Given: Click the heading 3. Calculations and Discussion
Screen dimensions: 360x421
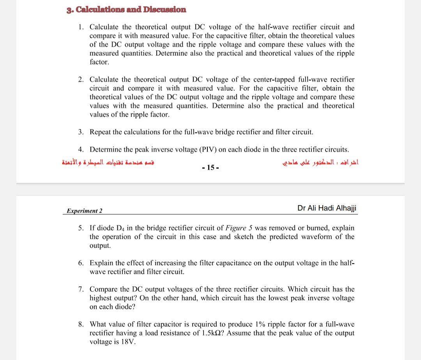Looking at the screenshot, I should (126, 10).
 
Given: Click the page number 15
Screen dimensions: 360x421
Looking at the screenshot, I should (210, 168).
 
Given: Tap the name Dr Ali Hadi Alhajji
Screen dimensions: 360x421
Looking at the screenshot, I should (327, 208).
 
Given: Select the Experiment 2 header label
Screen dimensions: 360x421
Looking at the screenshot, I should (85, 211).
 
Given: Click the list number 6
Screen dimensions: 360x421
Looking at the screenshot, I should (80, 263).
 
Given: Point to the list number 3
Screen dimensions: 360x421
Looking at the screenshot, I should (80, 132).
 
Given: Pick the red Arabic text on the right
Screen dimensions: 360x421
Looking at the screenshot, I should (320, 163).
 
